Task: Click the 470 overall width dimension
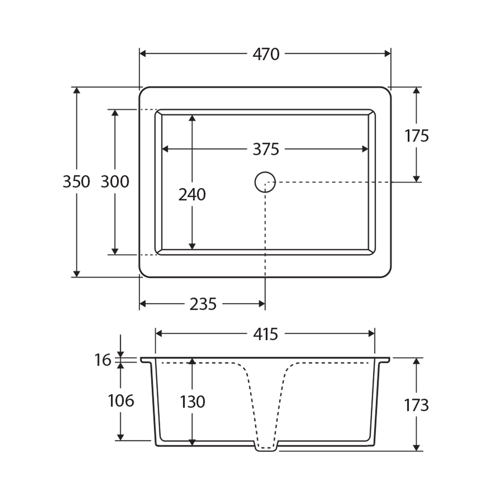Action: pyautogui.click(x=266, y=54)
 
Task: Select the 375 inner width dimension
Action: pyautogui.click(x=266, y=149)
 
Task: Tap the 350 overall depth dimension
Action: pyautogui.click(x=76, y=182)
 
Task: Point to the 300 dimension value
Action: pyautogui.click(x=115, y=182)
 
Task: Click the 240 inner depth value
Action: pyautogui.click(x=192, y=195)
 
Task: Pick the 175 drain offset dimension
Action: pyautogui.click(x=417, y=136)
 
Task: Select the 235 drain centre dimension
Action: pyautogui.click(x=203, y=304)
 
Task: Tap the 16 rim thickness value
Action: pyautogui.click(x=103, y=361)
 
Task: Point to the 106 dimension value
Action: pyautogui.click(x=121, y=401)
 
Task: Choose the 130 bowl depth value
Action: pyautogui.click(x=192, y=402)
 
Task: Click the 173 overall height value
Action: pyautogui.click(x=417, y=405)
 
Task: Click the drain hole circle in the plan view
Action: pyautogui.click(x=265, y=182)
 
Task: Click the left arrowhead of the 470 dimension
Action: pyautogui.click(x=142, y=54)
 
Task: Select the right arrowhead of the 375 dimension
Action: pyautogui.click(x=365, y=149)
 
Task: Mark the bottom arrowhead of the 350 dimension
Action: pyautogui.click(x=77, y=274)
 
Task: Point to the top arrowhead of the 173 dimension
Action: pyautogui.click(x=416, y=361)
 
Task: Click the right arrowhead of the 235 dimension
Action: pyautogui.click(x=262, y=304)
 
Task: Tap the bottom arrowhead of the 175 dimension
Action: pyautogui.click(x=416, y=179)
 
